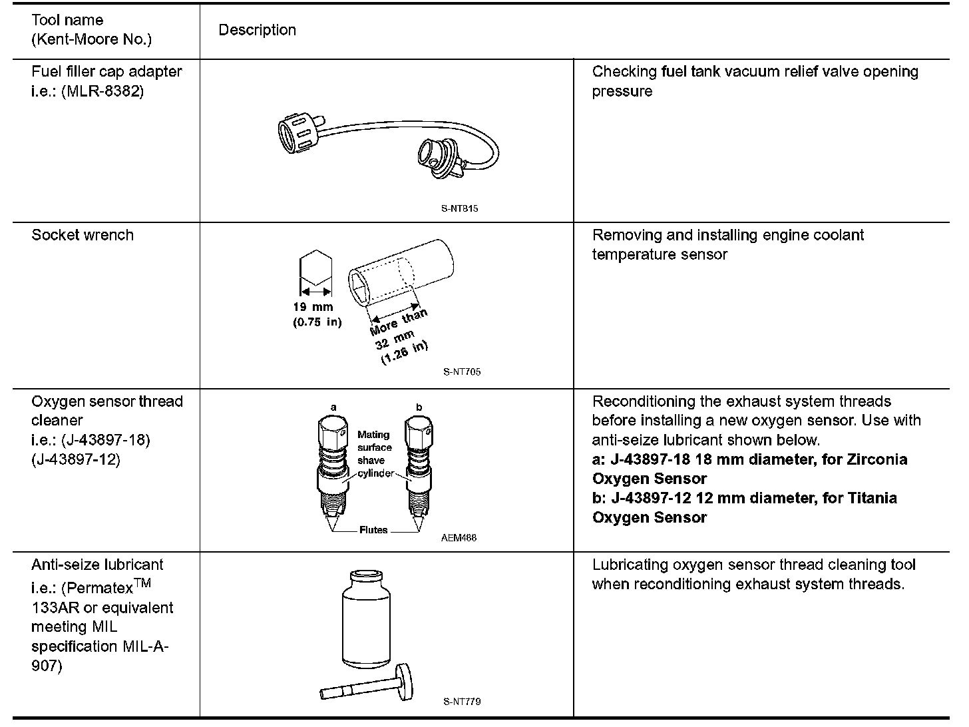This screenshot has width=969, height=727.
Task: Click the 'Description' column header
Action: point(257,30)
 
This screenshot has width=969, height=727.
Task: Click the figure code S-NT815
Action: point(459,208)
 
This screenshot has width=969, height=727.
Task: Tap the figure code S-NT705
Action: point(461,371)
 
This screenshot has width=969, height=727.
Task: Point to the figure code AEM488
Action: point(459,538)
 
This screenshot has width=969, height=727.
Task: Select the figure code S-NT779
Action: point(461,701)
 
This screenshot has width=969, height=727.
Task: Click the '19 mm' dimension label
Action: point(313,307)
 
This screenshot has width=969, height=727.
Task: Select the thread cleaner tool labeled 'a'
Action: point(333,466)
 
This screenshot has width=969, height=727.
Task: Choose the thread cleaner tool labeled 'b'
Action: point(419,466)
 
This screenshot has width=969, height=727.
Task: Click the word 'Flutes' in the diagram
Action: point(373,531)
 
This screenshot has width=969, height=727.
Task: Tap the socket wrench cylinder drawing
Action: point(401,273)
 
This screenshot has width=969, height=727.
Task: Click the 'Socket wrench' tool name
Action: point(83,235)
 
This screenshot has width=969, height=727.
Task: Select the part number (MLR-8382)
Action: point(102,91)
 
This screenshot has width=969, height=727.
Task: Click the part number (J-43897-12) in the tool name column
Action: point(76,459)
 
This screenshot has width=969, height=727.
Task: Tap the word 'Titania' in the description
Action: point(865,498)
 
